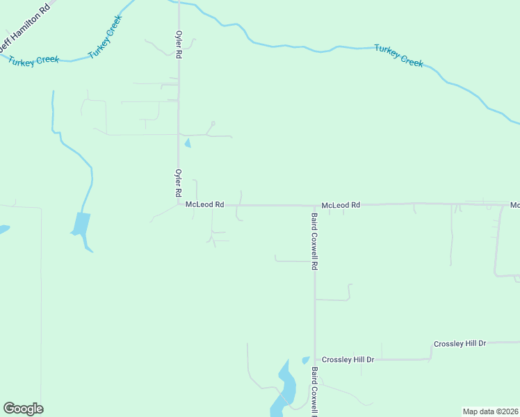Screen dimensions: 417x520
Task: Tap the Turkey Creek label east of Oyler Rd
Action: pyautogui.click(x=398, y=56)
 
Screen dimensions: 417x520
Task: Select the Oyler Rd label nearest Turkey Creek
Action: pyautogui.click(x=179, y=43)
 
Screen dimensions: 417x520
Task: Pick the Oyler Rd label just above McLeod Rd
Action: pyautogui.click(x=179, y=183)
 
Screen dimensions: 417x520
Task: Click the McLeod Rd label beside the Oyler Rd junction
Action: pyautogui.click(x=204, y=205)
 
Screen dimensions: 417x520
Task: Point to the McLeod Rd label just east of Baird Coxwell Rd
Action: pyautogui.click(x=341, y=206)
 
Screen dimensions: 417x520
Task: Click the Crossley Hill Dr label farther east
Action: pyautogui.click(x=460, y=344)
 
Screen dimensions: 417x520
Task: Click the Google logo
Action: pyautogui.click(x=23, y=409)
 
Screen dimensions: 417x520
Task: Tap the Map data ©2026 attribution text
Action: pyautogui.click(x=490, y=411)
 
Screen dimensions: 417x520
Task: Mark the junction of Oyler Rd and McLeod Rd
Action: pyautogui.click(x=179, y=204)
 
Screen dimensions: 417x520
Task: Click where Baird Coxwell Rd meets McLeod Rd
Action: pyautogui.click(x=314, y=206)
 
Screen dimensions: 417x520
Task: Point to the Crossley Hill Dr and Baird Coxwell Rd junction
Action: pyautogui.click(x=315, y=359)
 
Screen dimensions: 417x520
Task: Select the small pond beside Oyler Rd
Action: pyautogui.click(x=187, y=144)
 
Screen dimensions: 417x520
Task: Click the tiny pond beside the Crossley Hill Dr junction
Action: pyautogui.click(x=306, y=360)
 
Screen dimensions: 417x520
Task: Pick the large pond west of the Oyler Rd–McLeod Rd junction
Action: pyautogui.click(x=81, y=226)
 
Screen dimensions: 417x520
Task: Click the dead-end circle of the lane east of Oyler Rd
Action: pyautogui.click(x=213, y=124)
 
